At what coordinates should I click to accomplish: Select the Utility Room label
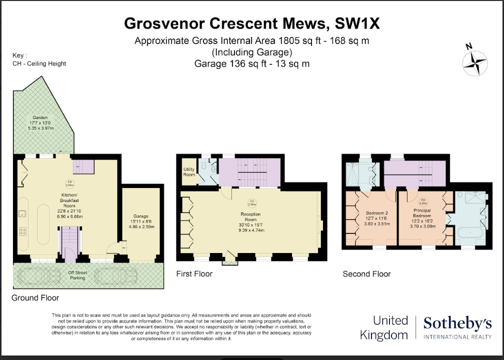(189, 172)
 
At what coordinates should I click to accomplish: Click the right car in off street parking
(115, 276)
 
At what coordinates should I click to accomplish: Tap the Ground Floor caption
(35, 298)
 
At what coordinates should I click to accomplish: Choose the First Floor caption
(194, 274)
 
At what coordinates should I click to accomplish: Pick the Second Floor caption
(366, 274)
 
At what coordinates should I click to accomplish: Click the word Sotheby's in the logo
(457, 324)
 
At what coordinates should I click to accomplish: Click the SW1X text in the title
(358, 23)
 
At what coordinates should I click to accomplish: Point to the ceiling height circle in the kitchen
(70, 183)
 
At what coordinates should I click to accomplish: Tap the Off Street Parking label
(77, 275)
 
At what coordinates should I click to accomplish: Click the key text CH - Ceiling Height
(39, 64)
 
